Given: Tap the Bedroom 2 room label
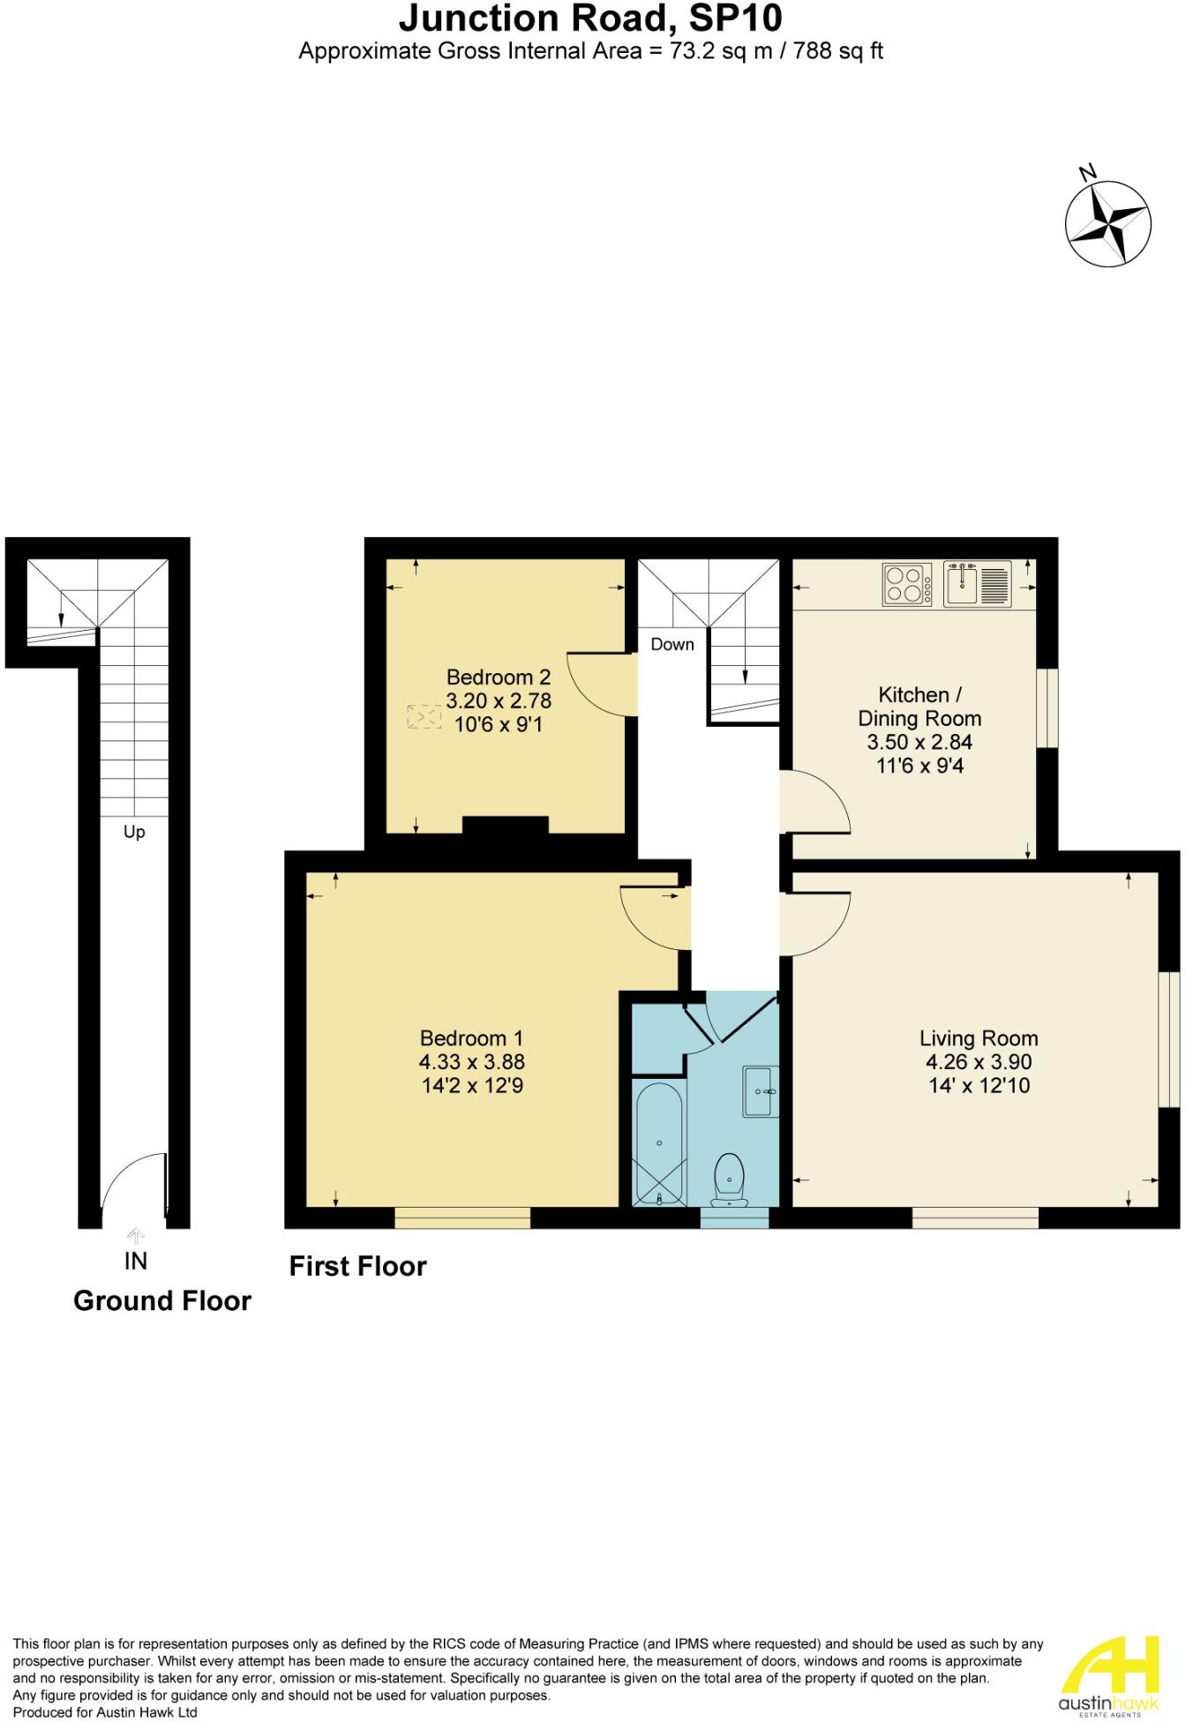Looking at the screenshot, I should point(499,678).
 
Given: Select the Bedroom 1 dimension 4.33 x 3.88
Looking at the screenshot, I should point(472,1062).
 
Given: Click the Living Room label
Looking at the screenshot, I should point(979,1038).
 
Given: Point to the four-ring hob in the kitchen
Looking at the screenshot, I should point(907,584).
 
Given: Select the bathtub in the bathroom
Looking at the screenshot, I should point(660,1142).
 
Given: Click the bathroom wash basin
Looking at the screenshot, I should point(761,1091).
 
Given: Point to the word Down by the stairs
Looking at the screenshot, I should point(672,645).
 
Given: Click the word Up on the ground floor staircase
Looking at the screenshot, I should point(134,832).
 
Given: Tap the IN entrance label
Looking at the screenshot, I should point(135,1262).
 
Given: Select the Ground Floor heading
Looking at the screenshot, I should point(162,1301).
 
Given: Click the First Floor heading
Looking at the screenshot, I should point(358,1267).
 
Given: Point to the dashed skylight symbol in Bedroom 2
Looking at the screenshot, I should point(424,716).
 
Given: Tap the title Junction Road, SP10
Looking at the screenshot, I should point(590,19).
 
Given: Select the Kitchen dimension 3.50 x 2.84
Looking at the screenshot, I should point(919,742).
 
